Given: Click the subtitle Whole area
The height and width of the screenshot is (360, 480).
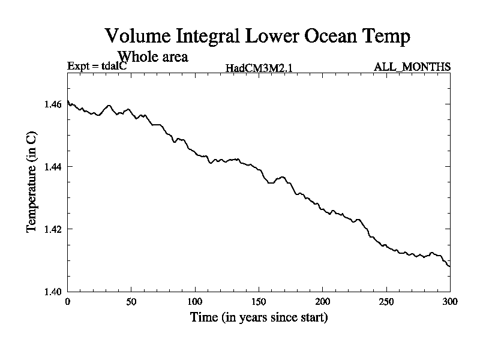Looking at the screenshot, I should coord(153,57).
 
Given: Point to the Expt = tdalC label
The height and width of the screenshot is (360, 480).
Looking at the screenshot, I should coord(96,67).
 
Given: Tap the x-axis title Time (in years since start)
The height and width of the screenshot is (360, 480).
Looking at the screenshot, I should coord(259,317).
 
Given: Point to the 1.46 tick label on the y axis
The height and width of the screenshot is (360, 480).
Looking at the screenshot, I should coord(53,104).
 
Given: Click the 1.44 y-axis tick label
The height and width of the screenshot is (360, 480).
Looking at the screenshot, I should coord(53,167).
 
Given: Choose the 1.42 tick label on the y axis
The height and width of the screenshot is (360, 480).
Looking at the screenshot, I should coord(53,229).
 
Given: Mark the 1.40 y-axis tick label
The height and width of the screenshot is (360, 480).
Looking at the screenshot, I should coord(53,292).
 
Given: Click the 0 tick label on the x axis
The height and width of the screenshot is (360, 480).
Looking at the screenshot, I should coord(68,301).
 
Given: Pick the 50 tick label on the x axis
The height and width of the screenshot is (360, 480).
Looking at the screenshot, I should coord(131,301).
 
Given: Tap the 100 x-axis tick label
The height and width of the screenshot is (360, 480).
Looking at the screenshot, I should coord(195,301).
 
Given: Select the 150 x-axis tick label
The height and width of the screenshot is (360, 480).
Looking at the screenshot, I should coord(259,301).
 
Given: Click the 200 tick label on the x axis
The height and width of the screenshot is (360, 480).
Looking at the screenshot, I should coord(323,301).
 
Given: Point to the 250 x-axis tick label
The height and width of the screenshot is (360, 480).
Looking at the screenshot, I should coord(386,301).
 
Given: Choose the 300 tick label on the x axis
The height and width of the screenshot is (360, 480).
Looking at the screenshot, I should coord(450,301).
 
